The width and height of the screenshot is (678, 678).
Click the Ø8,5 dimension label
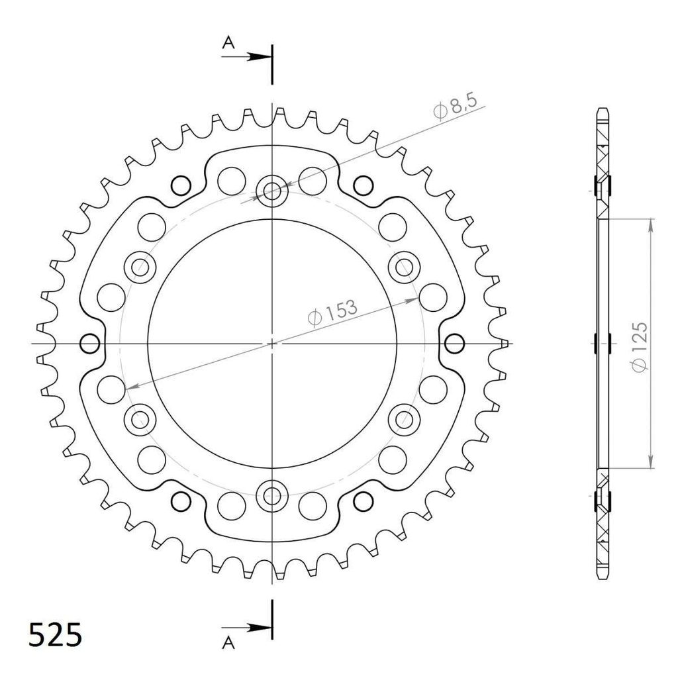(x=455, y=107)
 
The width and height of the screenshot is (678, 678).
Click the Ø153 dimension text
(x=332, y=312)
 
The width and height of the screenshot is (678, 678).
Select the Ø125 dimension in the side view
(x=640, y=346)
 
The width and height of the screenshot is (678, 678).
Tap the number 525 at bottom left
(x=55, y=636)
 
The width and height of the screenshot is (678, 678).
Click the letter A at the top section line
(x=228, y=43)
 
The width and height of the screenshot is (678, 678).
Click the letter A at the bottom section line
(x=228, y=643)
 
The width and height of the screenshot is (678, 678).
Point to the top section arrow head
(x=259, y=57)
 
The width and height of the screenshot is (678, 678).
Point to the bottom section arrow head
(x=259, y=628)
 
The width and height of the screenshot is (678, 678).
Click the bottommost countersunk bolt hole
(x=272, y=495)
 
